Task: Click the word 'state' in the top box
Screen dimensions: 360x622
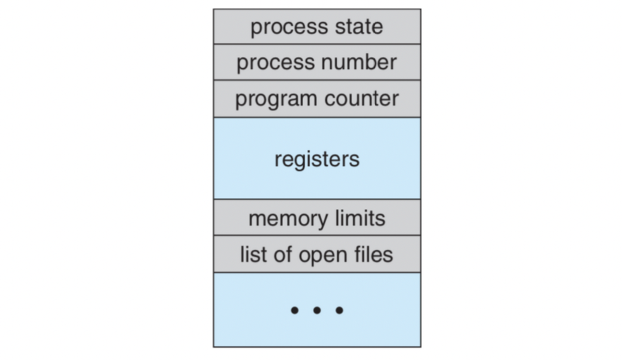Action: pyautogui.click(x=359, y=26)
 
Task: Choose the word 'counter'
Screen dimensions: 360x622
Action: pyautogui.click(x=362, y=99)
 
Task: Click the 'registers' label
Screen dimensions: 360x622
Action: pyautogui.click(x=317, y=159)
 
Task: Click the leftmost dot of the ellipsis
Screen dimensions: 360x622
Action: pyautogui.click(x=294, y=310)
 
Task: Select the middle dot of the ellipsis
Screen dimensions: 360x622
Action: pyautogui.click(x=317, y=310)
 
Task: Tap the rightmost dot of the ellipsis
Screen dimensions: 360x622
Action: pyautogui.click(x=339, y=310)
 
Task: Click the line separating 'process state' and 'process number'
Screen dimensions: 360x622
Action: pyautogui.click(x=317, y=44)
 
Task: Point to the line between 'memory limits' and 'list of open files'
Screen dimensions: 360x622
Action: pyautogui.click(x=317, y=235)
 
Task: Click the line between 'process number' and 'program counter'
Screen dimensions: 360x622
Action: pyautogui.click(x=317, y=80)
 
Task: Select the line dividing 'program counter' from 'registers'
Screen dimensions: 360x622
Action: pyautogui.click(x=317, y=117)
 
